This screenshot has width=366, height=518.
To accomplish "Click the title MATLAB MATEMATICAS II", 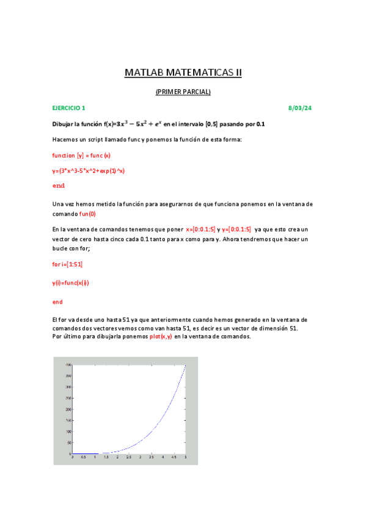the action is (x=183, y=73).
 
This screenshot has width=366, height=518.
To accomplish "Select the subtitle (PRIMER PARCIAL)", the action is (x=183, y=92).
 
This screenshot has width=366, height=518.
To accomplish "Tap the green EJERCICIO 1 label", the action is (x=69, y=108).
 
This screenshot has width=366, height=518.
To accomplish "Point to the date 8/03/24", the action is (x=300, y=108).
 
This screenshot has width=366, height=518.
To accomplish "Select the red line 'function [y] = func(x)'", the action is (x=81, y=155).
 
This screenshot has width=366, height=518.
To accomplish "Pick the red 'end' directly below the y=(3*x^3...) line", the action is (x=59, y=186).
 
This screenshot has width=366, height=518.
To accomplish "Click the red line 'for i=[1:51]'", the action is (x=68, y=264).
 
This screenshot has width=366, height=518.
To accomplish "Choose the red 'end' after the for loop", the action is (x=57, y=302).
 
